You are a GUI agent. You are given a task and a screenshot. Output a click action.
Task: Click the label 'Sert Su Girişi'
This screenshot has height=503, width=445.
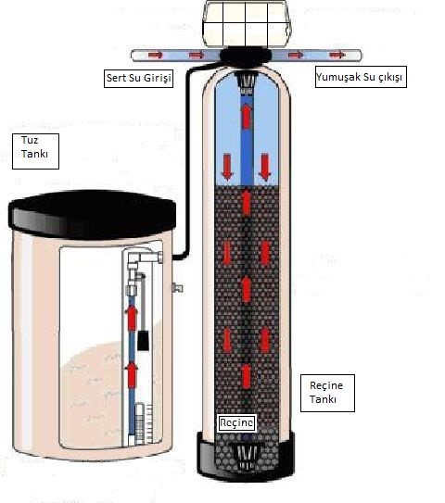point(138,78)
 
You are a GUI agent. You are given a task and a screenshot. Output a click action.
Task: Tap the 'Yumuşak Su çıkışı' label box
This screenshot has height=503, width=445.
point(361,77)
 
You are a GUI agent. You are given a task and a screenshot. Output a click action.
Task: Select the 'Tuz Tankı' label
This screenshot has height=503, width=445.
point(35,151)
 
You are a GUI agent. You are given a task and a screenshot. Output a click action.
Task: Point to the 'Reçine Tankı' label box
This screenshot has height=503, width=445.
point(327,393)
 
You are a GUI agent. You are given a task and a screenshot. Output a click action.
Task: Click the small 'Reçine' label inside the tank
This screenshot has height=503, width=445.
point(237,422)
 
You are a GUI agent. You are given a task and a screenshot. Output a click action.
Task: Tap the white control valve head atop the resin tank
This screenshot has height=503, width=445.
point(247,23)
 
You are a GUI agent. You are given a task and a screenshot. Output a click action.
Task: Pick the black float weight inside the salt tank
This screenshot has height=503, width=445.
point(143,340)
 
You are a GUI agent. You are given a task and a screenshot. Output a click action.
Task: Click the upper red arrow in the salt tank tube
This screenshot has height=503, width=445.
point(132,317)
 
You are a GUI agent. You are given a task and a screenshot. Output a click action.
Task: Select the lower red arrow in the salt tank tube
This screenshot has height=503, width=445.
point(132,375)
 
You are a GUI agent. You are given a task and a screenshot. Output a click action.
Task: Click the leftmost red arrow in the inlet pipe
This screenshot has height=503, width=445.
point(156,56)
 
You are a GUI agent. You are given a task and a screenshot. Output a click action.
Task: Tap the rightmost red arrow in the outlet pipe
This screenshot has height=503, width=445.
point(337,56)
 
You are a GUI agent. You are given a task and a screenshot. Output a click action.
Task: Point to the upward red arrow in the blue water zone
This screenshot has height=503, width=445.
point(247,116)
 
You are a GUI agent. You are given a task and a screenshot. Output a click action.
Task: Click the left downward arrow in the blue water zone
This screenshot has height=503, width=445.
point(227,167)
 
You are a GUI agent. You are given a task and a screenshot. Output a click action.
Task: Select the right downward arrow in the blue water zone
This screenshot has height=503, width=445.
point(265,167)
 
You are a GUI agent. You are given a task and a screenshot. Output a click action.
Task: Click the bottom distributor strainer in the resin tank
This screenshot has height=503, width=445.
point(246,457)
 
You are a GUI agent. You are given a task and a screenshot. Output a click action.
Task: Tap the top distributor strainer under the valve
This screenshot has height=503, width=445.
point(247,83)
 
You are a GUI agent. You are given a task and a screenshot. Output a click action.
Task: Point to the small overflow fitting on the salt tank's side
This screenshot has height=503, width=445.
point(178,288)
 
